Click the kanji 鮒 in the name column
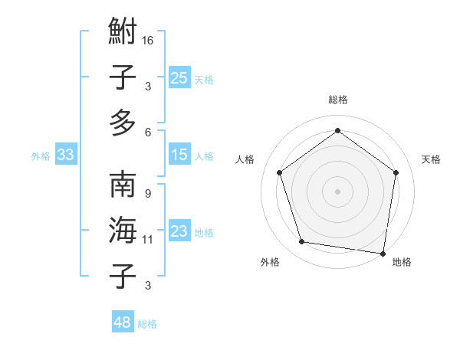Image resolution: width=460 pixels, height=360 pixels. pyautogui.click(x=123, y=34)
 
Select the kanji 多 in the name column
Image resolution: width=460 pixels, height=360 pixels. pyautogui.click(x=123, y=123)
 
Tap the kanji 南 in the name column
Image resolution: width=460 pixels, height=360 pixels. pyautogui.click(x=123, y=186)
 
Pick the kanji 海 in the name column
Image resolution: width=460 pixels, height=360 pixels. pyautogui.click(x=123, y=231)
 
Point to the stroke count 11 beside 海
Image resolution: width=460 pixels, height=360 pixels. pyautogui.click(x=148, y=240)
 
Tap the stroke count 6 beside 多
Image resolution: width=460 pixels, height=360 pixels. pyautogui.click(x=148, y=132)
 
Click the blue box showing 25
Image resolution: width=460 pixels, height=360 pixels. pyautogui.click(x=179, y=77)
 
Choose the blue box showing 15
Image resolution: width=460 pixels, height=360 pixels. pyautogui.click(x=179, y=155)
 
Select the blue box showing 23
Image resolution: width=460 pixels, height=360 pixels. pyautogui.click(x=179, y=231)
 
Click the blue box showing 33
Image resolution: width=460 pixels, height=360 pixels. pyautogui.click(x=66, y=155)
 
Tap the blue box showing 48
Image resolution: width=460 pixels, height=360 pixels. pyautogui.click(x=122, y=322)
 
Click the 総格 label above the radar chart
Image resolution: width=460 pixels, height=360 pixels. pyautogui.click(x=337, y=100)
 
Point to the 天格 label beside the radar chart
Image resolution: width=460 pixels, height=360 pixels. pyautogui.click(x=431, y=159)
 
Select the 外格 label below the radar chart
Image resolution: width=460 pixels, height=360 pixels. pyautogui.click(x=270, y=262)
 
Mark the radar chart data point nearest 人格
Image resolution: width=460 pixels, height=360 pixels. pyautogui.click(x=280, y=173)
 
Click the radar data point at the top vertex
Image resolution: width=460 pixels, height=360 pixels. pyautogui.click(x=337, y=131)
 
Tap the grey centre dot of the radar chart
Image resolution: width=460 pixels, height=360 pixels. pyautogui.click(x=337, y=191)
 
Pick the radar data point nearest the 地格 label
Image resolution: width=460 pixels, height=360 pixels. pyautogui.click(x=383, y=253)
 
